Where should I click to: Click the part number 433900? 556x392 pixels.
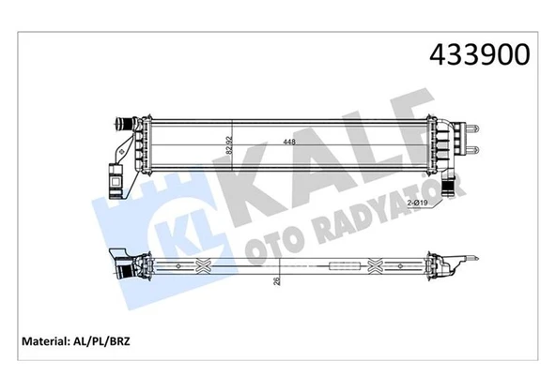tap(480, 54)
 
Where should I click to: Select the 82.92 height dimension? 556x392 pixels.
tap(226, 143)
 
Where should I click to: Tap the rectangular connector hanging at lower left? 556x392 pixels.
tap(116, 174)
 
